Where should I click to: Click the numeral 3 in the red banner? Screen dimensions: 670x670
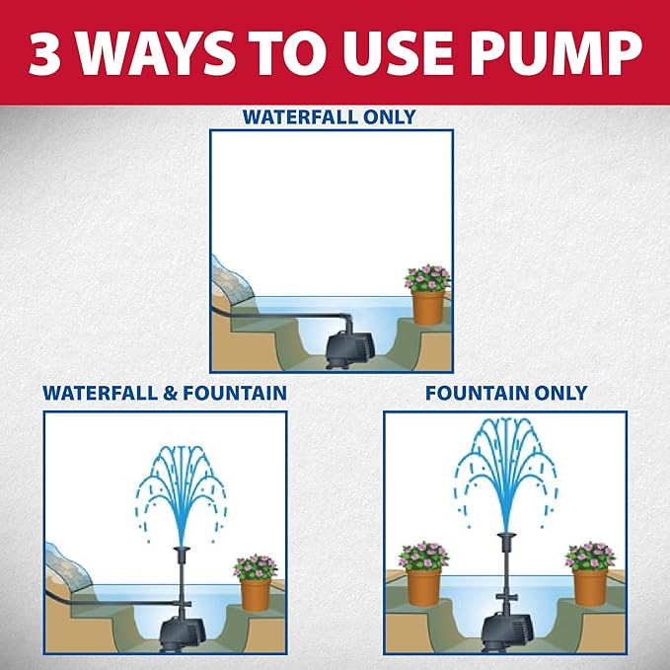click(46, 54)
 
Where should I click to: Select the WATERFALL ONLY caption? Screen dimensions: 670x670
click(331, 117)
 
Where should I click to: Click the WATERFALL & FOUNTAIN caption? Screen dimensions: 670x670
click(165, 393)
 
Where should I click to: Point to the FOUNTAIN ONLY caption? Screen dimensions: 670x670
click(506, 393)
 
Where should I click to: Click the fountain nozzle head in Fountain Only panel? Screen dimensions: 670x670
click(506, 540)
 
